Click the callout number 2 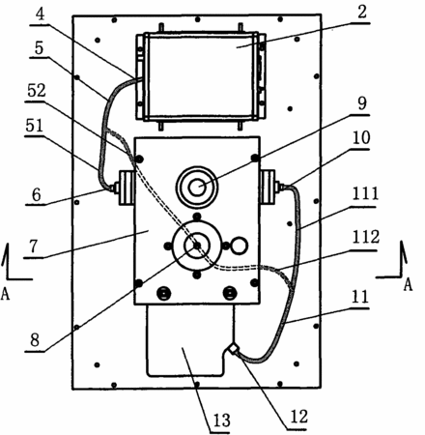pyautogui.click(x=362, y=13)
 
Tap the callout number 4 pyautogui.click(x=40, y=14)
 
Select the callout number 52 pyautogui.click(x=37, y=91)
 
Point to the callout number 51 pyautogui.click(x=35, y=126)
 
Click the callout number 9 pyautogui.click(x=362, y=103)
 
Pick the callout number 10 pyautogui.click(x=361, y=138)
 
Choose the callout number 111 pyautogui.click(x=365, y=194)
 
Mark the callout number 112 pyautogui.click(x=366, y=238)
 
